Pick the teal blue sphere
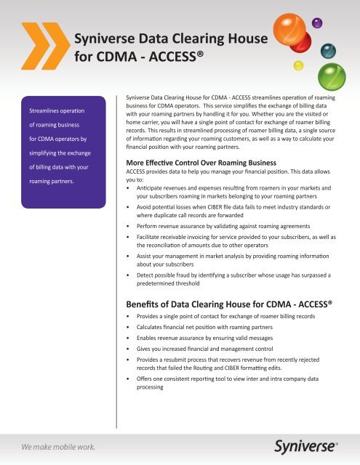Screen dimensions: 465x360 (x=329, y=49)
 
